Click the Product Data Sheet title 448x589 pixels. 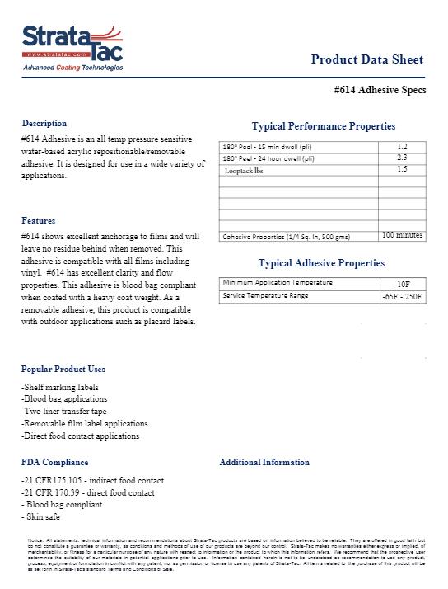click(x=367, y=59)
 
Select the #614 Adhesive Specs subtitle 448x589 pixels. click(x=381, y=90)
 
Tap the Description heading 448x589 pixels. click(x=44, y=123)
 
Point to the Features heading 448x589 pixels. click(x=39, y=220)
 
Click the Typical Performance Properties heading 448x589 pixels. click(x=323, y=126)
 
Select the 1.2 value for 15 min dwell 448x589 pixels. click(x=402, y=146)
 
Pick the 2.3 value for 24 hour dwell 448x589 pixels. click(x=402, y=157)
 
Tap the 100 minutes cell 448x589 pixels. click(x=402, y=236)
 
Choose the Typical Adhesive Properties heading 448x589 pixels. click(x=321, y=263)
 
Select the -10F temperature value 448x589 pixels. click(x=402, y=283)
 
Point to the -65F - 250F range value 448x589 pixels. click(x=402, y=295)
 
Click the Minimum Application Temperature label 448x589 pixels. click(x=277, y=283)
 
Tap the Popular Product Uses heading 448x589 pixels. click(x=63, y=369)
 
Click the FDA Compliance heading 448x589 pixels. click(x=54, y=462)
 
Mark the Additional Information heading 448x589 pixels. click(x=264, y=462)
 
